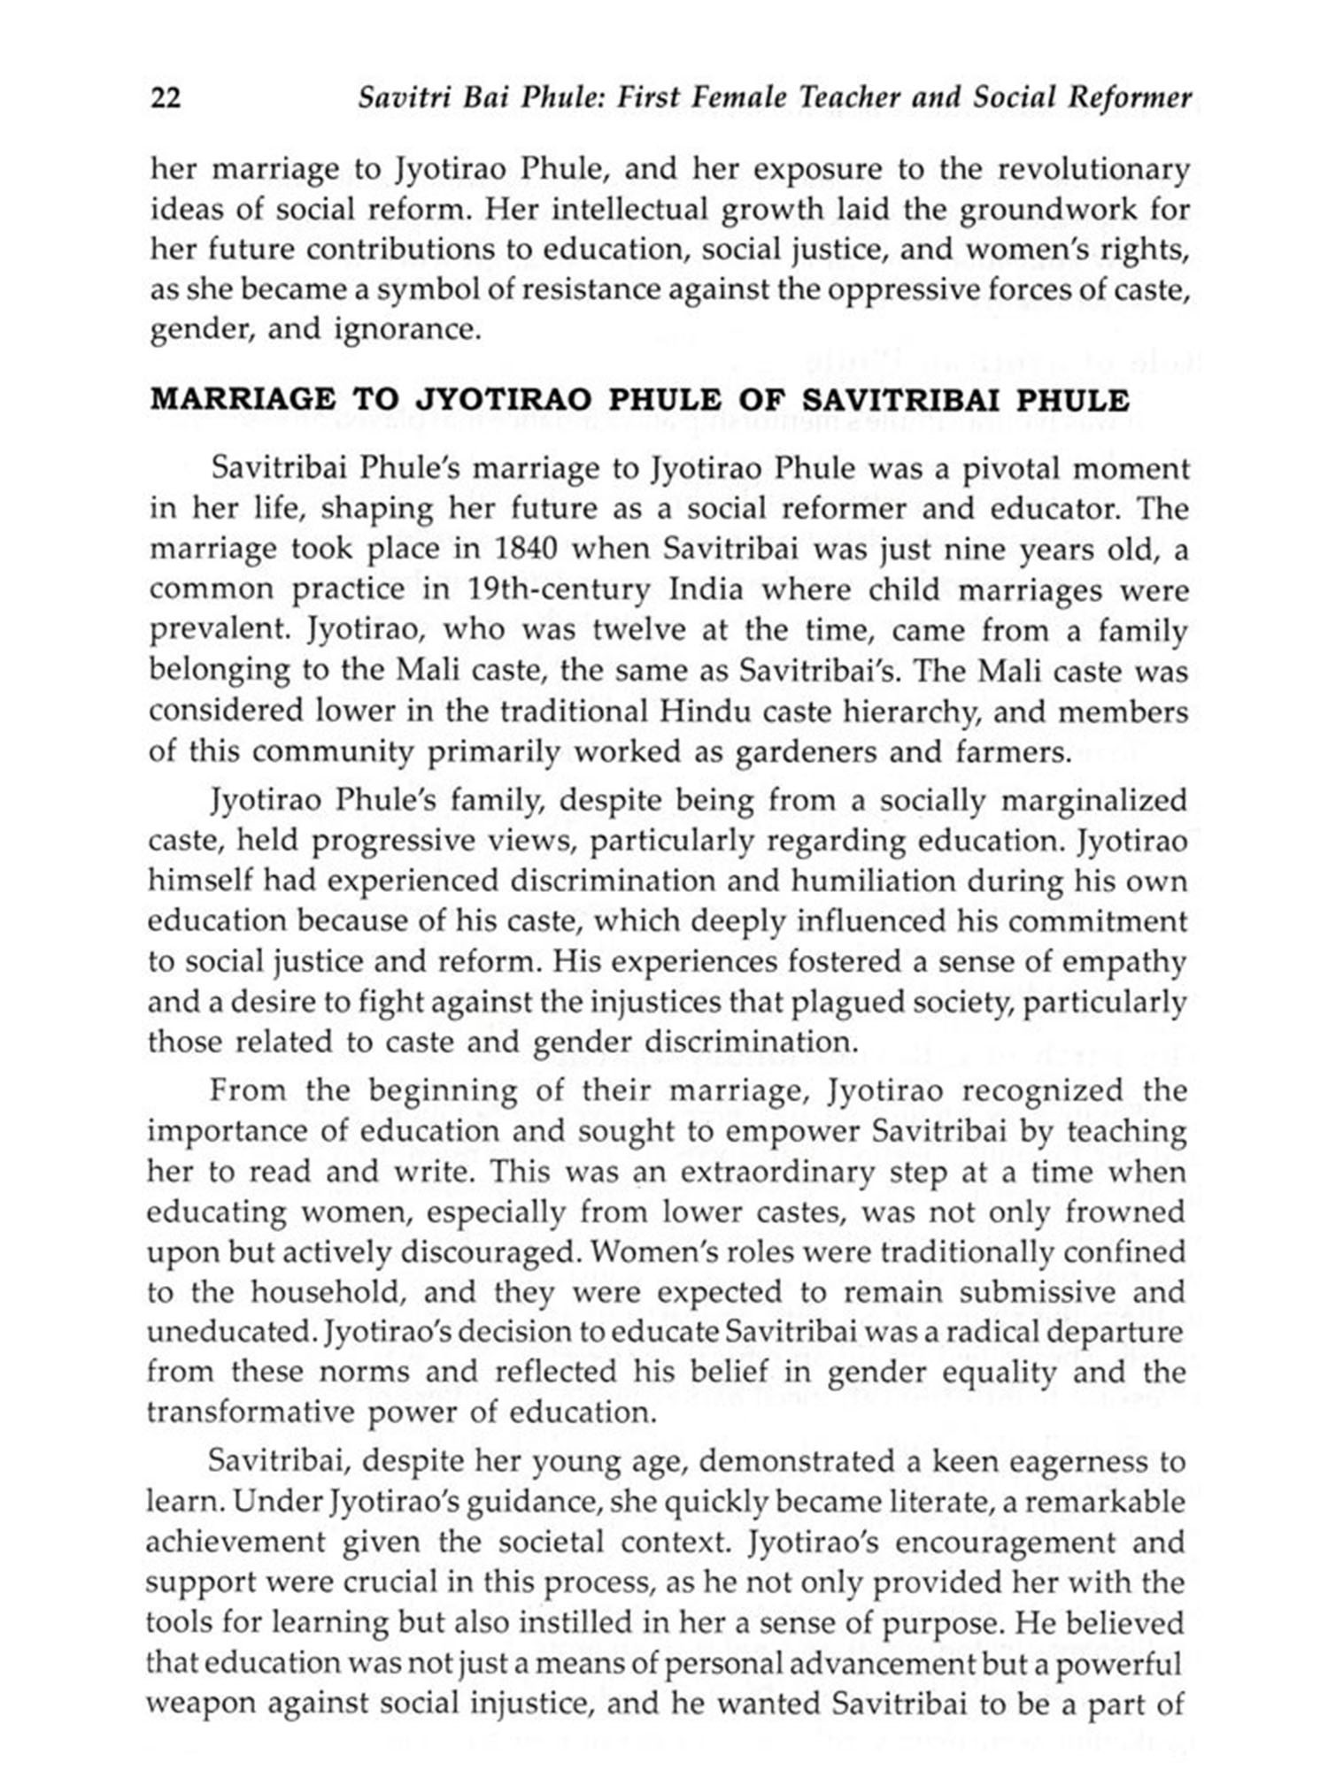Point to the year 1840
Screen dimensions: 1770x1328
pos(526,550)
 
